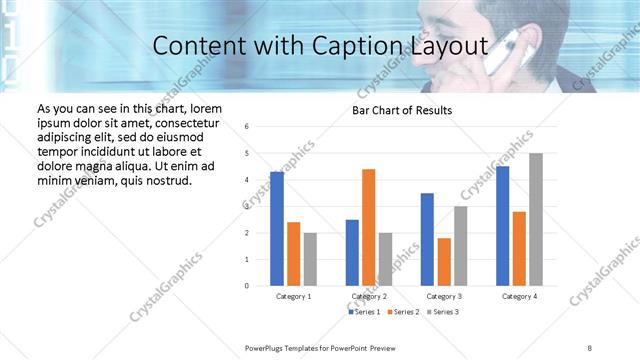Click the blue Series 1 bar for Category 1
(x=277, y=229)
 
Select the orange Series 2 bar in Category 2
(x=368, y=227)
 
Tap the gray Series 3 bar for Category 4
(x=536, y=219)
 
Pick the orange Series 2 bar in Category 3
(x=444, y=262)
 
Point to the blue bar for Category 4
(x=502, y=226)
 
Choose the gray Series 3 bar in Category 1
(x=310, y=259)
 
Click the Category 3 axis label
(x=444, y=297)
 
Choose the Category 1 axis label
(x=294, y=297)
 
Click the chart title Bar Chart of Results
(x=402, y=110)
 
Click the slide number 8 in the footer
(x=590, y=346)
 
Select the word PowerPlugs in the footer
(x=268, y=346)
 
